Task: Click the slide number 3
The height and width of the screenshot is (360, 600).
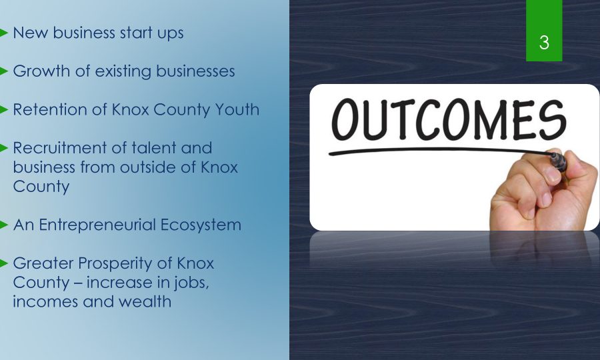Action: pos(544,42)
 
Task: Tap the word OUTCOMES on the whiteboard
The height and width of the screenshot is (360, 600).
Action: pos(449,120)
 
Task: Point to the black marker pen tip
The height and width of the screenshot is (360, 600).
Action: pos(554,155)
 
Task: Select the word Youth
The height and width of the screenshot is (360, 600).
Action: pos(237,110)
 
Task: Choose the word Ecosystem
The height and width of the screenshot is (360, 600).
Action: pos(201,225)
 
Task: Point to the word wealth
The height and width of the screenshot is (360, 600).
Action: pos(145,301)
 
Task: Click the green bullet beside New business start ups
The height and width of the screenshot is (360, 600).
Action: pos(4,33)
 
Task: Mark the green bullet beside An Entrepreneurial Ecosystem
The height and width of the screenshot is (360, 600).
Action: pos(4,225)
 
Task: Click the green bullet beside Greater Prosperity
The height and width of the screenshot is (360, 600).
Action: pos(4,263)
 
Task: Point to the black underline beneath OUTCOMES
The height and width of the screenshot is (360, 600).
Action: pos(440,151)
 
